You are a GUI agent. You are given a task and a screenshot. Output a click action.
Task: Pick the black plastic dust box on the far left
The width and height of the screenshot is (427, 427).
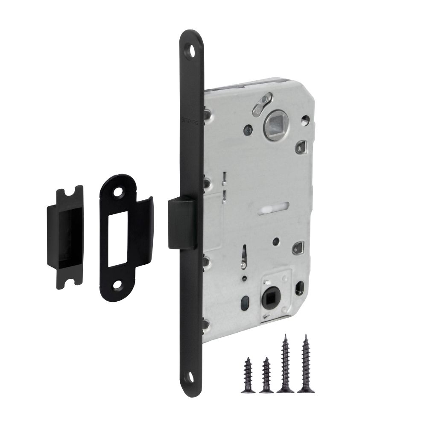tap(65, 237)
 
